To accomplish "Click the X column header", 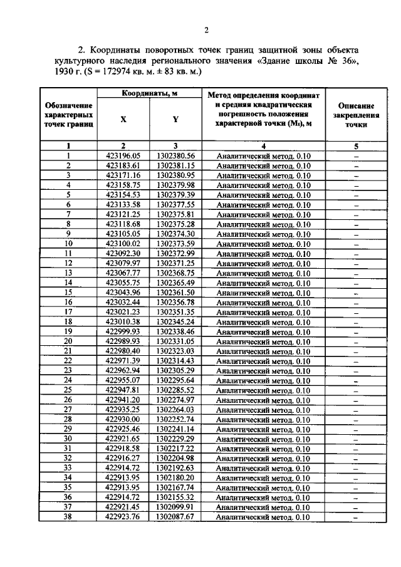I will pyautogui.click(x=123, y=119).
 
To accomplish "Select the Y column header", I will pyautogui.click(x=175, y=119).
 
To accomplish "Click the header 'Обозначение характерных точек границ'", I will pyautogui.click(x=69, y=115).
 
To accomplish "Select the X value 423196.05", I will pyautogui.click(x=123, y=156).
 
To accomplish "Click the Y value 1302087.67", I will pyautogui.click(x=175, y=517).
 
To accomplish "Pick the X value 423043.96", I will pyautogui.click(x=123, y=293).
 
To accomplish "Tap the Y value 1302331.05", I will pyautogui.click(x=175, y=341).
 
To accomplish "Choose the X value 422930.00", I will pyautogui.click(x=123, y=420).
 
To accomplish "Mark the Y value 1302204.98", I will pyautogui.click(x=175, y=459).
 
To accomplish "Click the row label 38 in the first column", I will pyautogui.click(x=69, y=517).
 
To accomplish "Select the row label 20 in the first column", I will pyautogui.click(x=69, y=341).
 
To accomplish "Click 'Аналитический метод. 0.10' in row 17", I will pyautogui.click(x=263, y=312).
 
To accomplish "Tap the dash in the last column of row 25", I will pyautogui.click(x=355, y=390).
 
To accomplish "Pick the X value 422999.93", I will pyautogui.click(x=123, y=331).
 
